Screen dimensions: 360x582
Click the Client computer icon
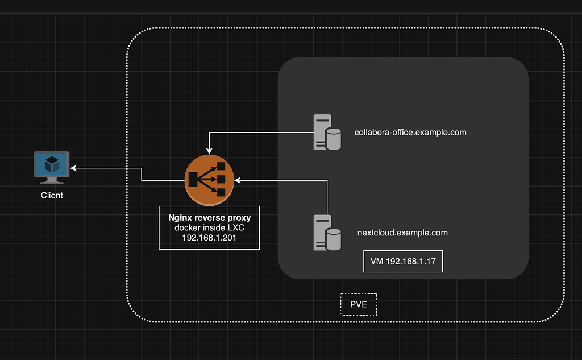pos(52,167)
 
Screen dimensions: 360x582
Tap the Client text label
pos(52,195)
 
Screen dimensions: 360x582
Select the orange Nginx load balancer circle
pos(209,180)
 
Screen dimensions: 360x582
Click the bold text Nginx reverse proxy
pos(209,218)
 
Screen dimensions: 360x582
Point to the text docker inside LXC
pos(209,227)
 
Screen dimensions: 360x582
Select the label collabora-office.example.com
pos(410,133)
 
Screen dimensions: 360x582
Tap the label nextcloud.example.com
pos(402,233)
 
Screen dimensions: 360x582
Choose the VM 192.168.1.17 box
pos(402,262)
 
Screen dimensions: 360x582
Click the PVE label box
pos(359,304)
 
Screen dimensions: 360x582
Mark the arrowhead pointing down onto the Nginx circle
pos(209,151)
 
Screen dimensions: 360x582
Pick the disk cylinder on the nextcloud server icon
pos(333,239)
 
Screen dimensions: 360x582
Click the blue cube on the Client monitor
pos(52,164)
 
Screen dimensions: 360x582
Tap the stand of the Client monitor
pos(52,180)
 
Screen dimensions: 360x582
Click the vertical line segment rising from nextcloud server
pos(328,196)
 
